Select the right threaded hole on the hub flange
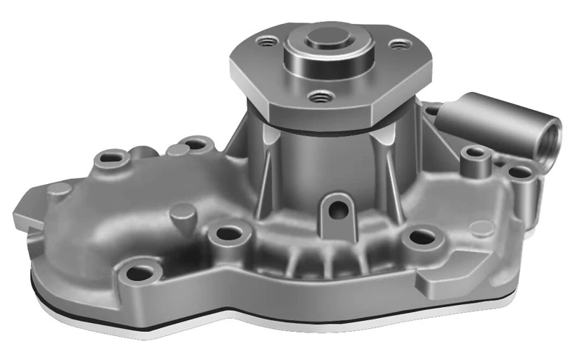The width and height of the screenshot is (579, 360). [x=399, y=45]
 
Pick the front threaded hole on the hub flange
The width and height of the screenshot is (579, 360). [x=317, y=95]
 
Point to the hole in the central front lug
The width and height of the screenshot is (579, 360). [x=336, y=209]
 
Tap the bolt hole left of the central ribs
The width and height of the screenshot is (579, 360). [x=229, y=233]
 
